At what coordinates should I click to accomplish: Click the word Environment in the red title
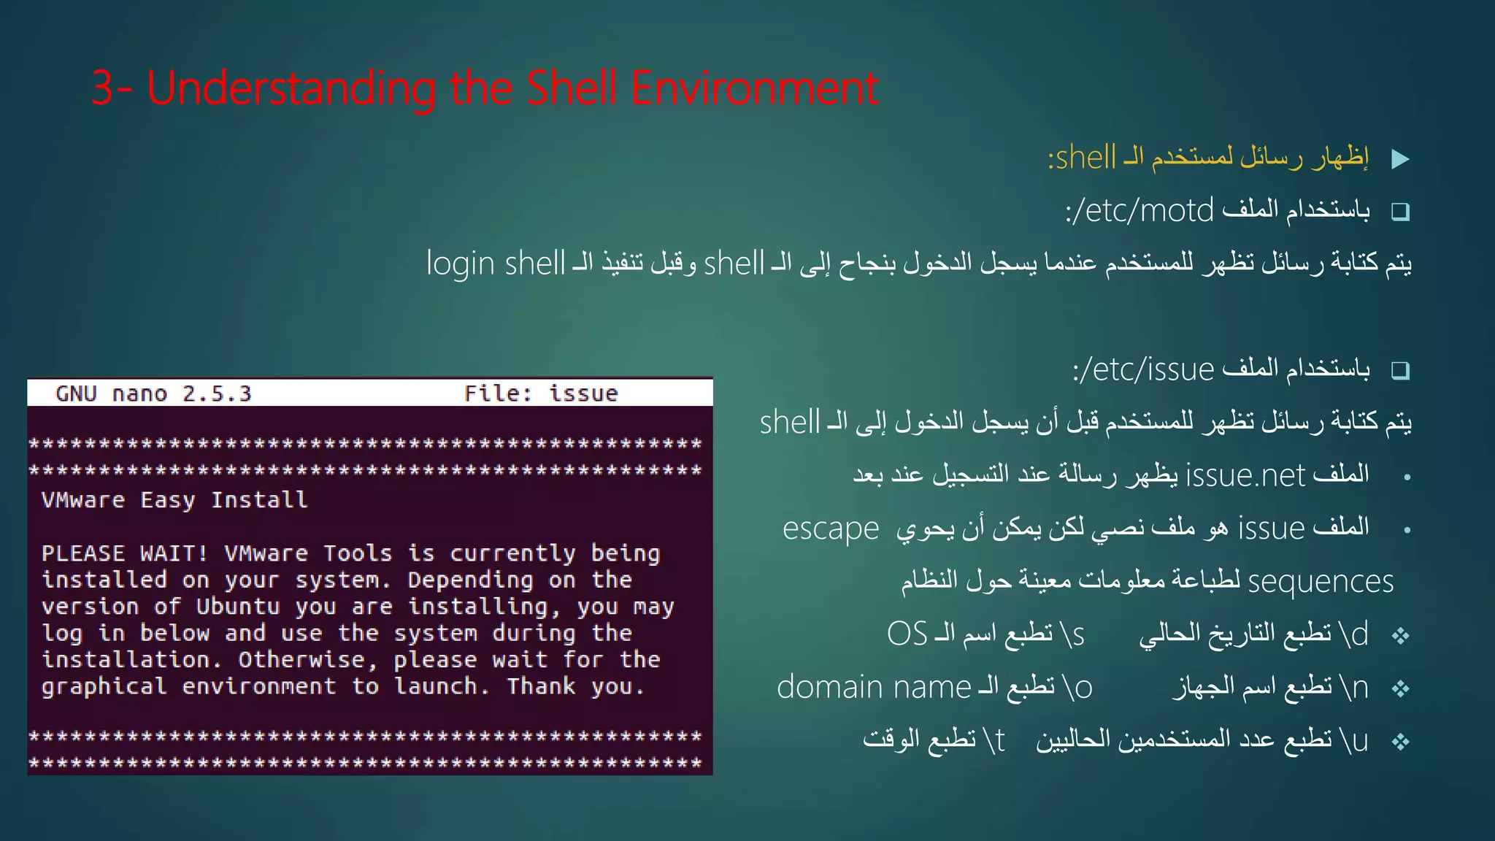754,88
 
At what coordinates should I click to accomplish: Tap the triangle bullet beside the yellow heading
1400,158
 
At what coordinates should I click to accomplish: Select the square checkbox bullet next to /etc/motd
1400,212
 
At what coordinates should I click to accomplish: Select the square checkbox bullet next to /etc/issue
1400,370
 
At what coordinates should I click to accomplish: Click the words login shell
496,264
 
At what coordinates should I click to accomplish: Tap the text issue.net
1245,475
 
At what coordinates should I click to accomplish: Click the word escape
831,529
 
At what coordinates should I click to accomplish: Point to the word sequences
1321,582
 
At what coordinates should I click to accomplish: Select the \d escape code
1354,634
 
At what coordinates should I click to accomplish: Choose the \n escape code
1354,687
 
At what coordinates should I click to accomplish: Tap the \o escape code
1077,687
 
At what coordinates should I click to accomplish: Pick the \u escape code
1354,740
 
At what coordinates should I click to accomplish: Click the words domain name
873,687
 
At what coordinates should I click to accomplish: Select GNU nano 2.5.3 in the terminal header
153,393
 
